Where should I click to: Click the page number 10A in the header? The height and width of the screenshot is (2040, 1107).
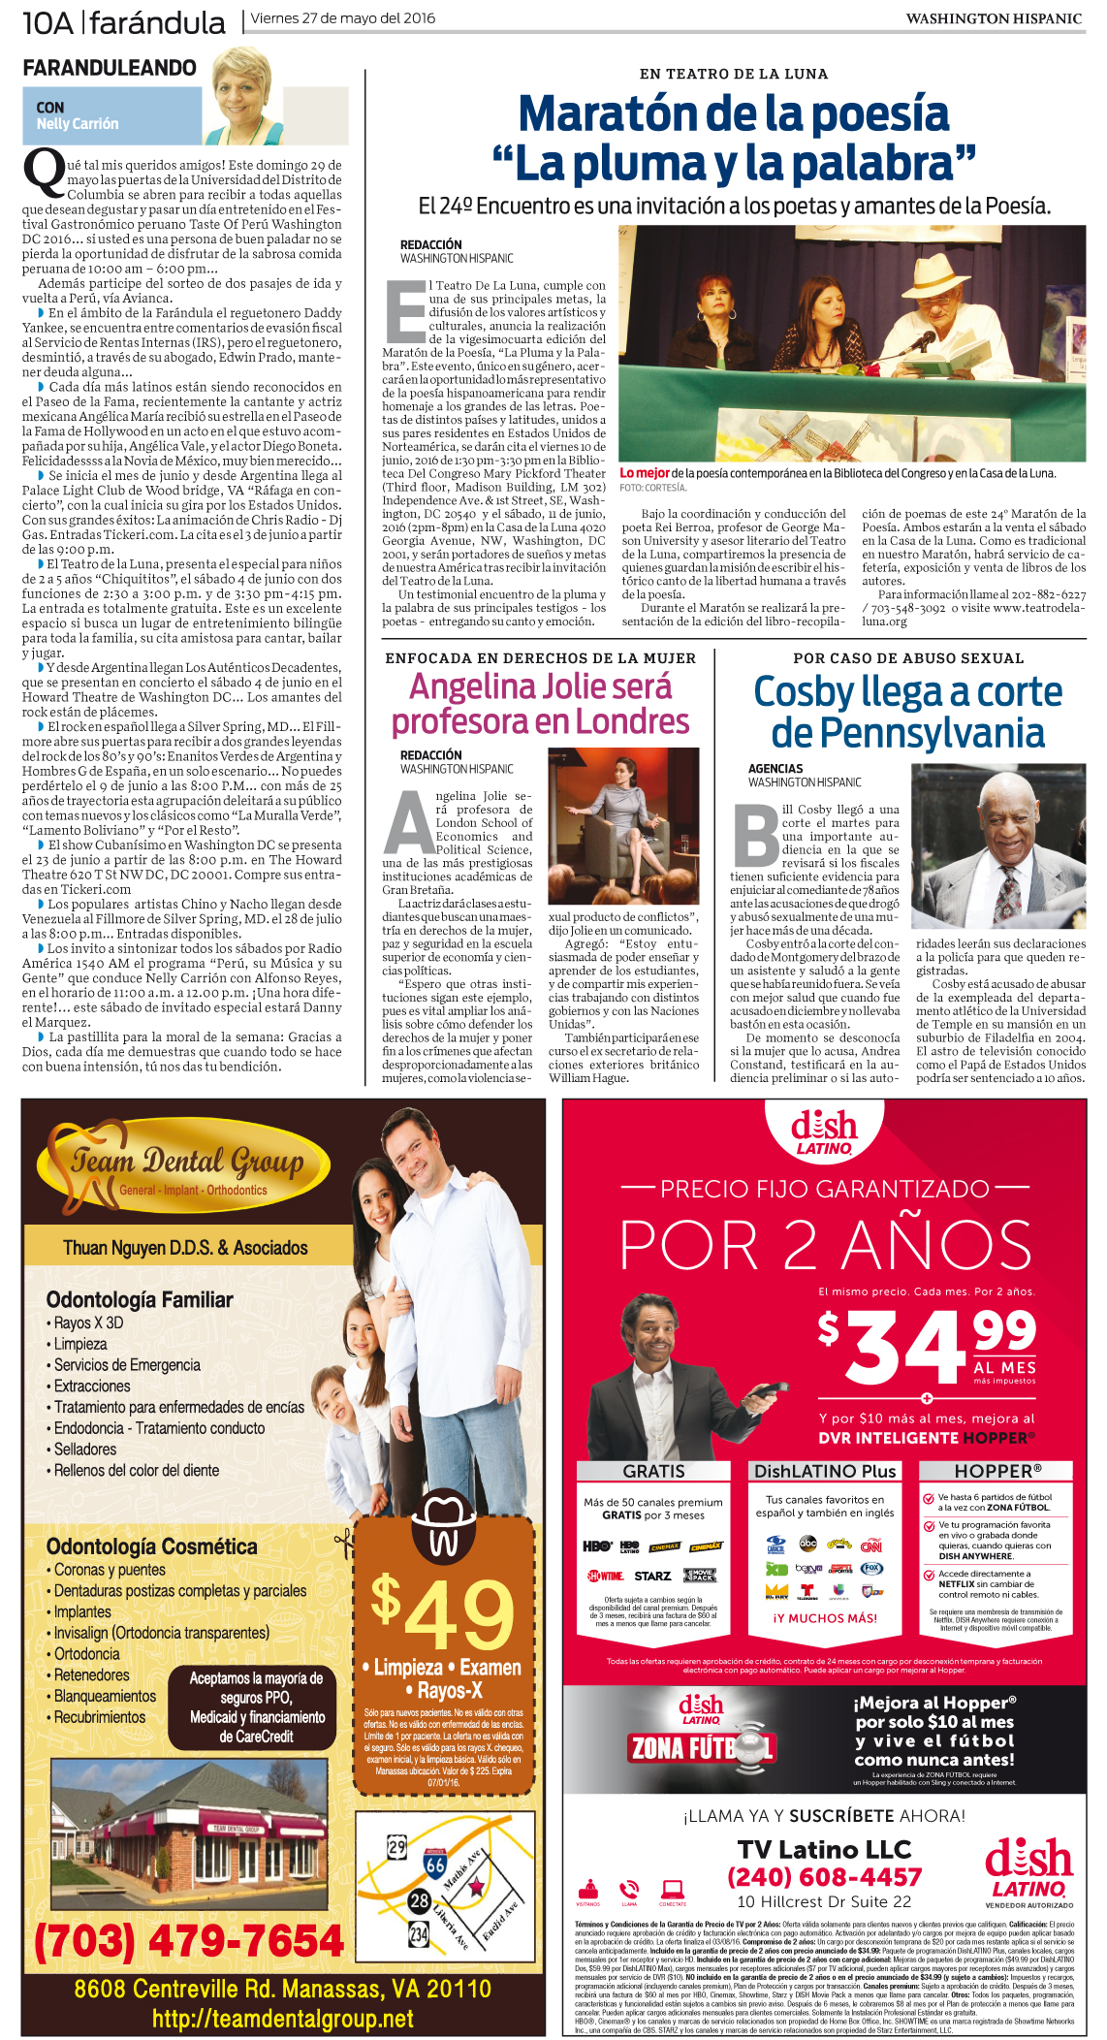coord(47,21)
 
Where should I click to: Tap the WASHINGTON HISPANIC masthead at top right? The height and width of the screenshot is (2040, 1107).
coord(993,18)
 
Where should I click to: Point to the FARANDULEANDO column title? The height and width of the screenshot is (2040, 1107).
coord(110,68)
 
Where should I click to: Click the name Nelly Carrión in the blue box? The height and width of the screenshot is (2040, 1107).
coord(78,124)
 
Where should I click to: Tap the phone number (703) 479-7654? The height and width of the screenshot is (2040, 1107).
coord(189,1940)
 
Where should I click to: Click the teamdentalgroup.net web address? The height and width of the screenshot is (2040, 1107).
coord(282,2019)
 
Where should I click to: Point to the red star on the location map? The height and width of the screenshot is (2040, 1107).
coord(476,1887)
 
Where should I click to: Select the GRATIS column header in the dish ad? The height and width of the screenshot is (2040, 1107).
coord(653,1471)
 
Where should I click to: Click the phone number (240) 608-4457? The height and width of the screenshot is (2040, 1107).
coord(824,1877)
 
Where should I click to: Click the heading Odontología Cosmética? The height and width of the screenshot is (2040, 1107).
coord(152,1546)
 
